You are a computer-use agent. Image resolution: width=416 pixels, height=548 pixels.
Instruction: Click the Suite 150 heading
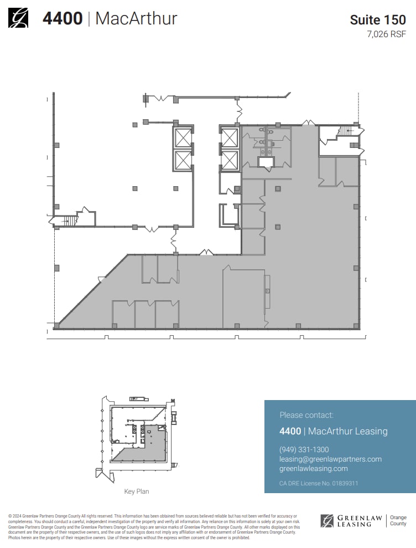click(378, 20)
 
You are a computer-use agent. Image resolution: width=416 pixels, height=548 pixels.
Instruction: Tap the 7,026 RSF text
click(386, 34)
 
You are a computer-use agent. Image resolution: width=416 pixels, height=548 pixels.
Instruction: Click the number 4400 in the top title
click(63, 18)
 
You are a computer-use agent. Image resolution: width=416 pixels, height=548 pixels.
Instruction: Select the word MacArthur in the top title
click(136, 18)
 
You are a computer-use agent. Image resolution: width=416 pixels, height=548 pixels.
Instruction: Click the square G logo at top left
click(18, 18)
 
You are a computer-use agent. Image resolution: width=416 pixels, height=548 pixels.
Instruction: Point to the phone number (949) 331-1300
click(304, 449)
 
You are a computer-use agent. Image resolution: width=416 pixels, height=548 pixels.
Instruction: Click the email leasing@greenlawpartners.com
click(330, 459)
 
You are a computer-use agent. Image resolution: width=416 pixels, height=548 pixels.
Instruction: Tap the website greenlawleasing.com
click(314, 468)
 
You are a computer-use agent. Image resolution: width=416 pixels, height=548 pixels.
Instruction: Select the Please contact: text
click(306, 414)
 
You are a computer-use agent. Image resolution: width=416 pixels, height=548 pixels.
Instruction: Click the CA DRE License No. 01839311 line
click(319, 483)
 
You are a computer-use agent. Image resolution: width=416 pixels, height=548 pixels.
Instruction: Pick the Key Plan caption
click(136, 491)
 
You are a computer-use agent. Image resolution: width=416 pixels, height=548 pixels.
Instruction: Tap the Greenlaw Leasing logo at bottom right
click(351, 521)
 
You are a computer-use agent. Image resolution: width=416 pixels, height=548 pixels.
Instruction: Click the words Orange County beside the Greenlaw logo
click(398, 520)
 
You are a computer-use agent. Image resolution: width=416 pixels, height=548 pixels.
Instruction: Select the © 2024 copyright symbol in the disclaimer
click(11, 516)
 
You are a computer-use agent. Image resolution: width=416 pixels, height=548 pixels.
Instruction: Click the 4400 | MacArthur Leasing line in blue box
click(334, 431)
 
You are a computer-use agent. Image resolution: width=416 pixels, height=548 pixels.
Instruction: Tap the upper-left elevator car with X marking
click(183, 137)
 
